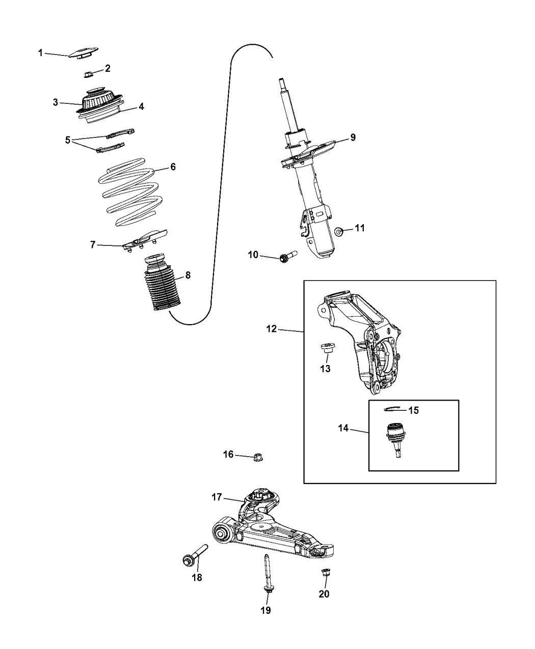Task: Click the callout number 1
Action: coord(40,52)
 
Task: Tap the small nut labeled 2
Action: coord(88,75)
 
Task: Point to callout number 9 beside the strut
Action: coord(353,137)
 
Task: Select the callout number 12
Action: coord(271,329)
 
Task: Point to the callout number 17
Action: coord(217,497)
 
